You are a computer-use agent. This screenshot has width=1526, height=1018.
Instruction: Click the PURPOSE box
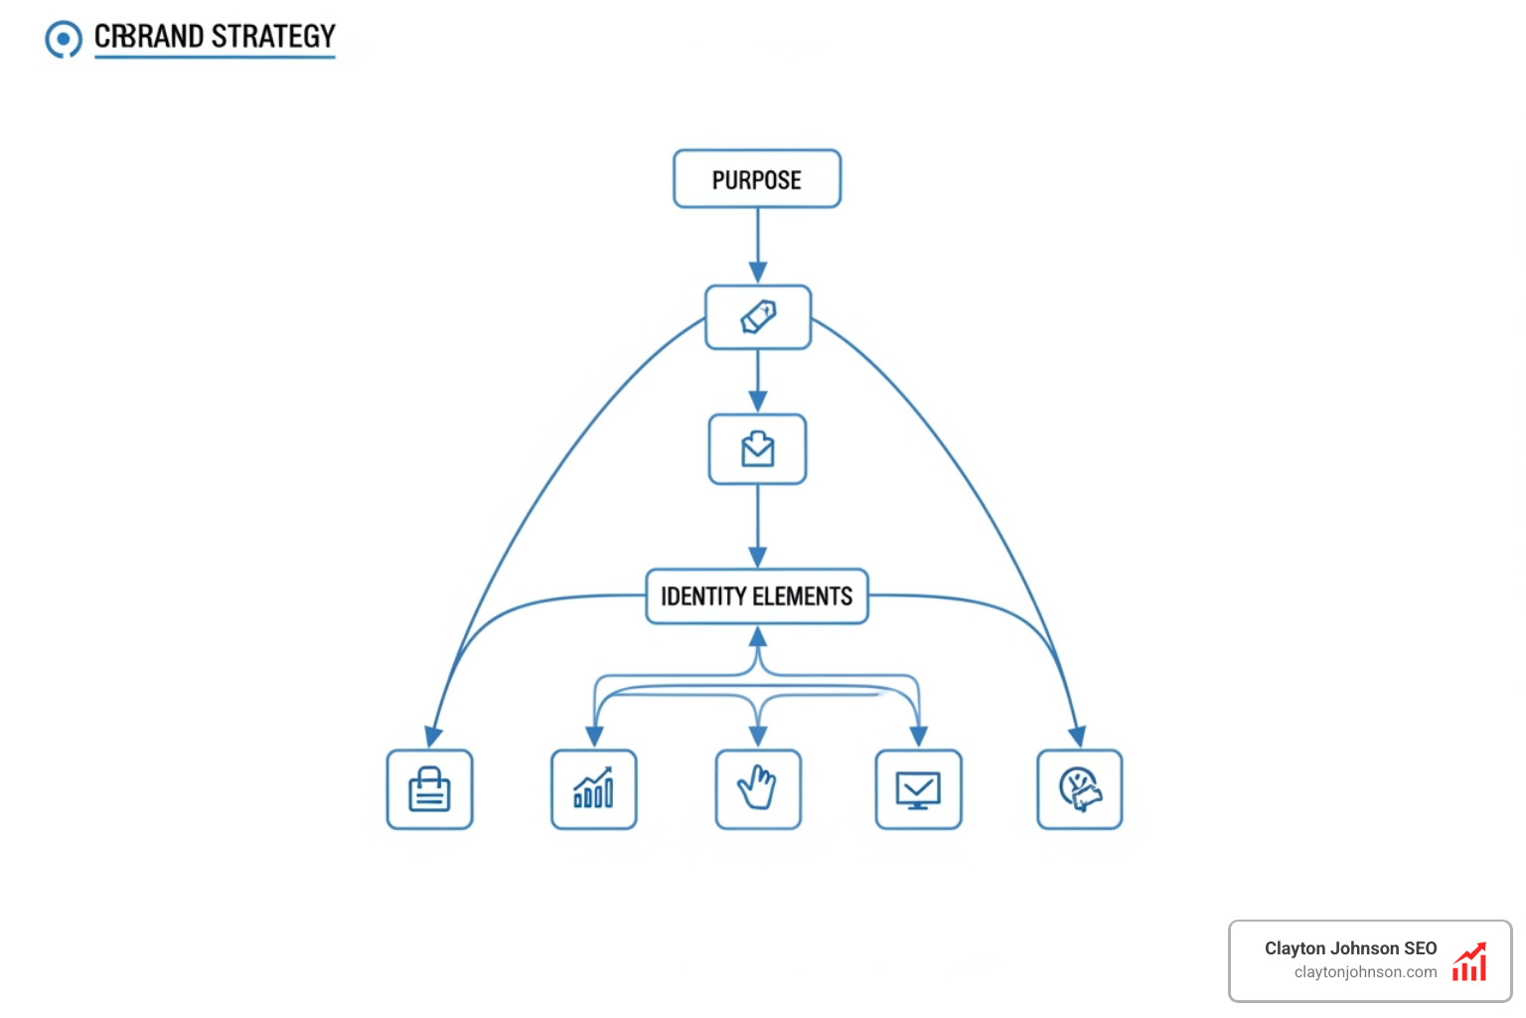[757, 179]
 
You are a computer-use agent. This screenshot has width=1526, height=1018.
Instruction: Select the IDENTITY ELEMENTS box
[757, 596]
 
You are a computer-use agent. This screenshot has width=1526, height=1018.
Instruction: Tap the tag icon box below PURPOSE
[758, 317]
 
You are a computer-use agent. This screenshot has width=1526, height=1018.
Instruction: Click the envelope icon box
[757, 449]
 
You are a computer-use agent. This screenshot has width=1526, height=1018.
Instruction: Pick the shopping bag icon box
[429, 789]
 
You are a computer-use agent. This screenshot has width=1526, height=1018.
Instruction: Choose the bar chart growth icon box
[593, 789]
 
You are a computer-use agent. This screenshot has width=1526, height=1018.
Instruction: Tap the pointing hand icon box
[758, 789]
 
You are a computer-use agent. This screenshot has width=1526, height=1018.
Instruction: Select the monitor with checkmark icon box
[918, 789]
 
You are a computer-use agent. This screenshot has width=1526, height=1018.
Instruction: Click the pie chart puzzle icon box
[1079, 789]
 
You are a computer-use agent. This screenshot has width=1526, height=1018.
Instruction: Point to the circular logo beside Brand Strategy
[64, 40]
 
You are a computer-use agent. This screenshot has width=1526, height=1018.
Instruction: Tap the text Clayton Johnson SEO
[1350, 948]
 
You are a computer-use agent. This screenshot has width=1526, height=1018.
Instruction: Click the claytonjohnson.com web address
[1365, 972]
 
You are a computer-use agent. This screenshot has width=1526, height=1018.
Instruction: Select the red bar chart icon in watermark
[1469, 962]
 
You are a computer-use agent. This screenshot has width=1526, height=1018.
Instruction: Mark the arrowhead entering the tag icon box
[758, 273]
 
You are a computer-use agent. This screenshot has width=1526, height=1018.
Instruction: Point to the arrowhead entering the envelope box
[758, 402]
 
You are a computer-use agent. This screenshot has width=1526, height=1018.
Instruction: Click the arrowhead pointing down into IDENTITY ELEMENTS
[758, 557]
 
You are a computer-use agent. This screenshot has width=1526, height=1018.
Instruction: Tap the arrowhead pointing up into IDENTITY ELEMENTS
[758, 636]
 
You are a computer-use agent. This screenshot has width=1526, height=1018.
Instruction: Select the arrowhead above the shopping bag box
[433, 737]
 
